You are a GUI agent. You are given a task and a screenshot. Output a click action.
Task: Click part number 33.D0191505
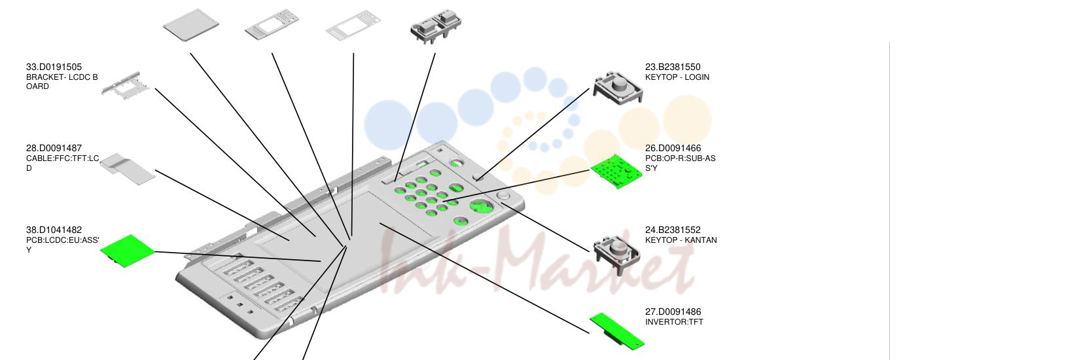(x=54, y=67)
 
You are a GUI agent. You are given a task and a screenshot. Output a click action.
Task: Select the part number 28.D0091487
(x=54, y=148)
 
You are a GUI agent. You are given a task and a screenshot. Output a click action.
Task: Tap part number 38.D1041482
(x=54, y=230)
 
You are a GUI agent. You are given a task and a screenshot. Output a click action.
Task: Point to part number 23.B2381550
(x=673, y=67)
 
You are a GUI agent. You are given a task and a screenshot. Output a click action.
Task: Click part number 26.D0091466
(x=673, y=148)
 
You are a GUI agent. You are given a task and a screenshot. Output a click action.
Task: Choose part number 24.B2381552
(x=673, y=230)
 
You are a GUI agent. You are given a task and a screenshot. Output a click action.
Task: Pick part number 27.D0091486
(x=673, y=312)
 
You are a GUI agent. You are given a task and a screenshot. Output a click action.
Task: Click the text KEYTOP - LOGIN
(x=677, y=77)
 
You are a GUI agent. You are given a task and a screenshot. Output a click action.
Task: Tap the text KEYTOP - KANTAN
(x=681, y=240)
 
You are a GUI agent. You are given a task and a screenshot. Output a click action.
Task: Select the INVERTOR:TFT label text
(x=674, y=322)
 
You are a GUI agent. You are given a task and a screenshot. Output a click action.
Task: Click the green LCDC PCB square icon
(x=127, y=251)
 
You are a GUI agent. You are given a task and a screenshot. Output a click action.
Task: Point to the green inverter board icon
(x=616, y=331)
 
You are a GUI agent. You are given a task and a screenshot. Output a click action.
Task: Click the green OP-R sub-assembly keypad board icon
(x=616, y=171)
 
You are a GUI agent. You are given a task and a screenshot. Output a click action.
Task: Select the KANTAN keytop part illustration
(x=616, y=251)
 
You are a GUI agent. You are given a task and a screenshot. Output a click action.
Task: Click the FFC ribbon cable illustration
(x=128, y=169)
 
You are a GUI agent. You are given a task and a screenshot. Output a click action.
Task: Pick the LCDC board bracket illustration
(x=125, y=86)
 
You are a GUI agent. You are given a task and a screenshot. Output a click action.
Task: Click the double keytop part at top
(x=436, y=26)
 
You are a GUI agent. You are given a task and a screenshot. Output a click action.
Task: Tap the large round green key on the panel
(x=481, y=206)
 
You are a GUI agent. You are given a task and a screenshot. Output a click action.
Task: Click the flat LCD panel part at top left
(x=191, y=25)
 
